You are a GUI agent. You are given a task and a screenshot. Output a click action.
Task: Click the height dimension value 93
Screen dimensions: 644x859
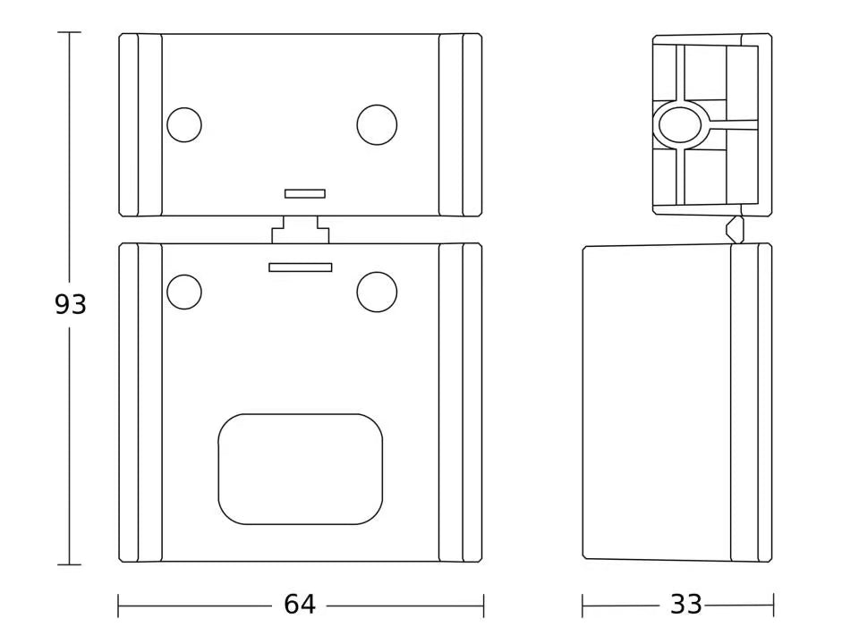(71, 305)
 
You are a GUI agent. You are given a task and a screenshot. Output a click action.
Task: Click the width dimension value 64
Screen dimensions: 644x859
(300, 606)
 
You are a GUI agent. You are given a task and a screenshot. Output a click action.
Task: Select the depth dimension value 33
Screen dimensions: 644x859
(686, 606)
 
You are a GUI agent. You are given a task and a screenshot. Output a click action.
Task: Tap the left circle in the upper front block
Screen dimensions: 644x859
(184, 124)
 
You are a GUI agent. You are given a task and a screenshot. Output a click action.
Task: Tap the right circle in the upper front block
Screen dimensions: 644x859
(377, 124)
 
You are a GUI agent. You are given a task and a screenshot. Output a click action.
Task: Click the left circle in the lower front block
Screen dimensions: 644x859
(184, 292)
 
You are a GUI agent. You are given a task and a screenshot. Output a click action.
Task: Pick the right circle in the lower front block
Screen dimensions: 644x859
(377, 292)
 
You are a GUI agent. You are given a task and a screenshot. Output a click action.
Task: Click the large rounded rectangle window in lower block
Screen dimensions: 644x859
(301, 469)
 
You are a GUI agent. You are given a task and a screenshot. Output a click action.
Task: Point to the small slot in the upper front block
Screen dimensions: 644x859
(304, 193)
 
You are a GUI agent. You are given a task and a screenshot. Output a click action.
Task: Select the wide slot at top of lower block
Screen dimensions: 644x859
(301, 267)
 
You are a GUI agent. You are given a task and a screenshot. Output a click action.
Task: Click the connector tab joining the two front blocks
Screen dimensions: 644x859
(301, 231)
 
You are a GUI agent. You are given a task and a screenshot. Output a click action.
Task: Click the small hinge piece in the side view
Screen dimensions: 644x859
(735, 228)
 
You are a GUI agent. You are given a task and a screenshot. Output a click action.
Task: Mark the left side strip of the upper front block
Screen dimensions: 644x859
(140, 125)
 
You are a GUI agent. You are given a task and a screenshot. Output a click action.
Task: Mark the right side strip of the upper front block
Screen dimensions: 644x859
(460, 125)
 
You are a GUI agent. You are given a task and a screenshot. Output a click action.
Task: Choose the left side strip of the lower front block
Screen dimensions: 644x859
(140, 402)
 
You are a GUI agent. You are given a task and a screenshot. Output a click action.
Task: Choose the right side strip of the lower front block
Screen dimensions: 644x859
(460, 402)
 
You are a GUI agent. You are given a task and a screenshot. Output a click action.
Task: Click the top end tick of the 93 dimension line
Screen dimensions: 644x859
(69, 32)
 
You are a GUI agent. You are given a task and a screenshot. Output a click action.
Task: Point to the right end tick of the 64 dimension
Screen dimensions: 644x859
(483, 606)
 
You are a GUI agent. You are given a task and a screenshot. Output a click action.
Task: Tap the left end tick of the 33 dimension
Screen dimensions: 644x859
(583, 606)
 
